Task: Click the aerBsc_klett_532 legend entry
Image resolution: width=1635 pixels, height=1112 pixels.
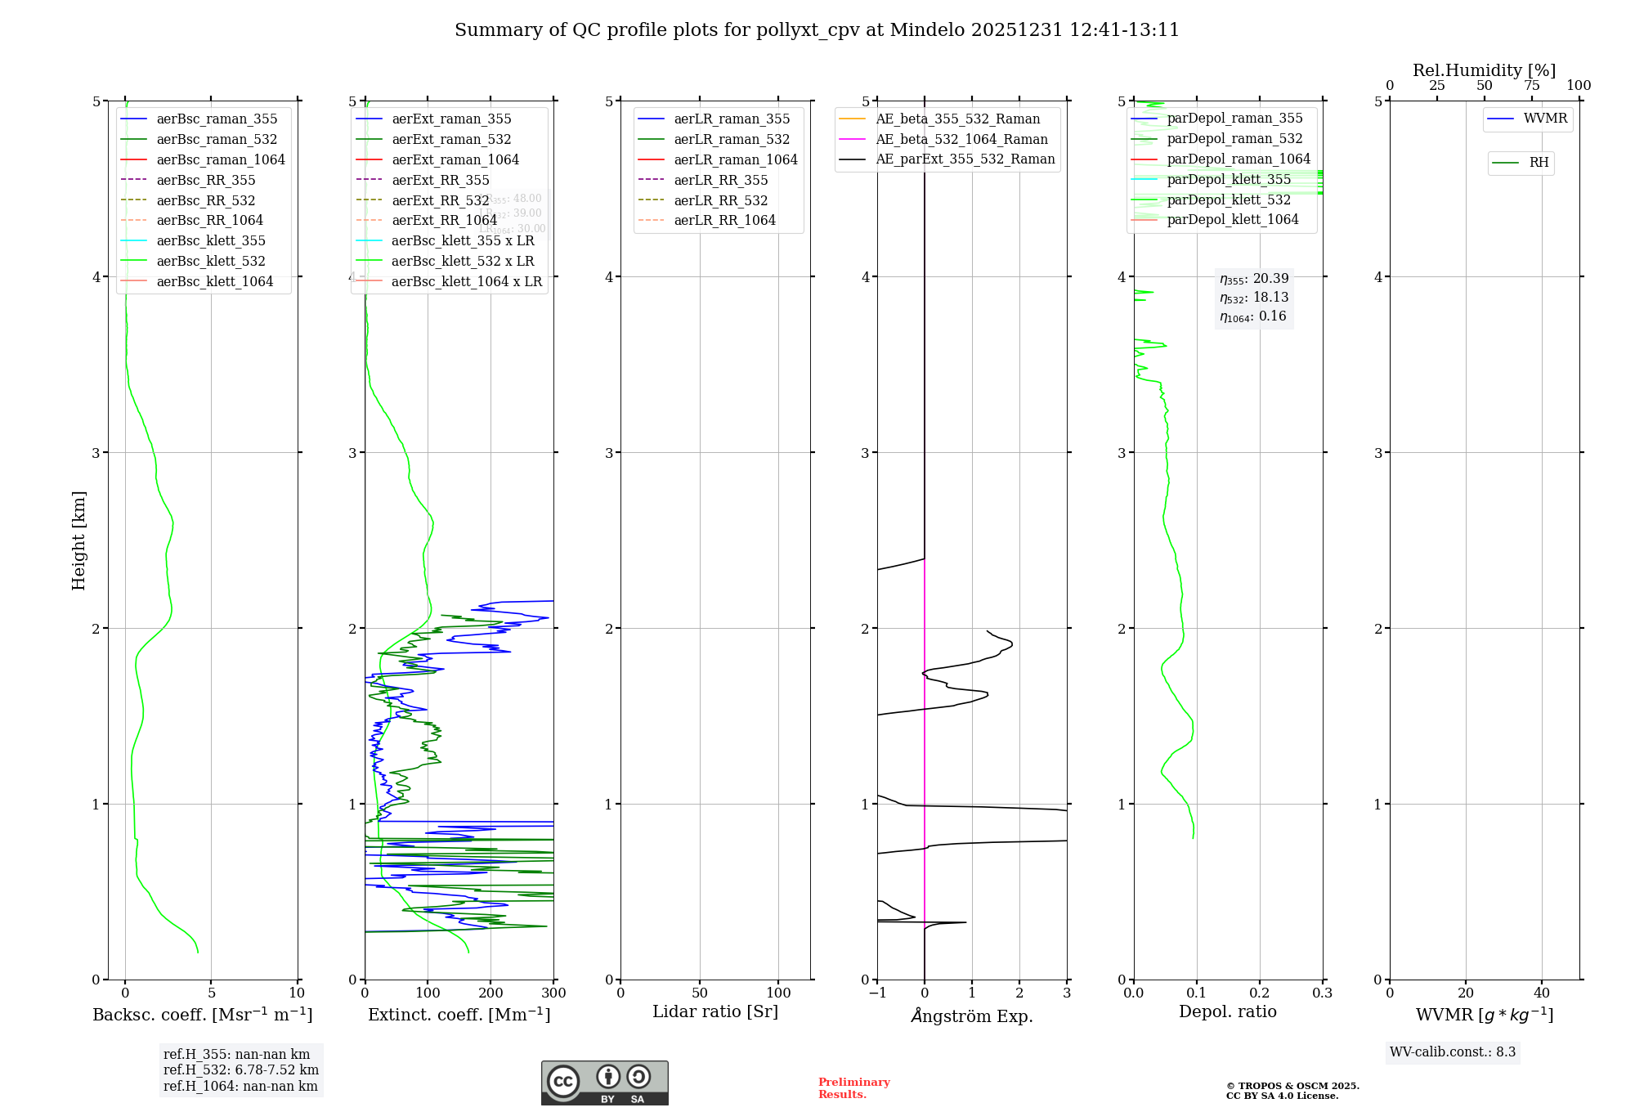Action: pyautogui.click(x=211, y=262)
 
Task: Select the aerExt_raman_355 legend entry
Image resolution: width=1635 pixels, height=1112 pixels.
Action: pyautogui.click(x=451, y=119)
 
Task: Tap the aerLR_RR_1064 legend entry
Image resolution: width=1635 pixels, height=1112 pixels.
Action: pyautogui.click(x=724, y=221)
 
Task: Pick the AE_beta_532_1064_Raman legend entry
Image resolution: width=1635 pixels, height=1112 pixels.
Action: pyautogui.click(x=961, y=140)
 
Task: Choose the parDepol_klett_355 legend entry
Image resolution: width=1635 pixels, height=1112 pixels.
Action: pyautogui.click(x=1229, y=180)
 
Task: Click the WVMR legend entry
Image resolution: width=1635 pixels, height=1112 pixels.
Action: pyautogui.click(x=1545, y=119)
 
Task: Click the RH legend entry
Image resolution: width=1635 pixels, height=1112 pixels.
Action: pyautogui.click(x=1539, y=163)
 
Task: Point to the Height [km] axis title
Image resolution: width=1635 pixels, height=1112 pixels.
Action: pyautogui.click(x=78, y=540)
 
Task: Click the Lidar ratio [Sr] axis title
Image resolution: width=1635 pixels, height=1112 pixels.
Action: pyautogui.click(x=715, y=1011)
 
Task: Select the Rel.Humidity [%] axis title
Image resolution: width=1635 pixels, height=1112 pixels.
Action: pyautogui.click(x=1484, y=70)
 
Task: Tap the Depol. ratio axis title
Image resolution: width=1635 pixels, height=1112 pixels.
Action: pyautogui.click(x=1227, y=1011)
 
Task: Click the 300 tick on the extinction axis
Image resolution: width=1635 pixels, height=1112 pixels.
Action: pyautogui.click(x=554, y=993)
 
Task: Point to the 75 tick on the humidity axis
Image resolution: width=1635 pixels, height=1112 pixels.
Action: pyautogui.click(x=1531, y=86)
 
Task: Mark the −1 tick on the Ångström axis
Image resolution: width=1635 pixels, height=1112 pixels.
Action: pyautogui.click(x=877, y=993)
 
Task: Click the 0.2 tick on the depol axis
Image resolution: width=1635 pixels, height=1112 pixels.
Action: pyautogui.click(x=1260, y=993)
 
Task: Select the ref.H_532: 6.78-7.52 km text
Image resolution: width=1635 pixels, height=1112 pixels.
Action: pyautogui.click(x=240, y=1070)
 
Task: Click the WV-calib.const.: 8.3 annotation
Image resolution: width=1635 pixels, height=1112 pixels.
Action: pyautogui.click(x=1453, y=1052)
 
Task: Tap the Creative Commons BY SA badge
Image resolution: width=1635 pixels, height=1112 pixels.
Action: pyautogui.click(x=604, y=1083)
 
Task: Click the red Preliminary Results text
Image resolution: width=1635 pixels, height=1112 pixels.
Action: pyautogui.click(x=853, y=1088)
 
